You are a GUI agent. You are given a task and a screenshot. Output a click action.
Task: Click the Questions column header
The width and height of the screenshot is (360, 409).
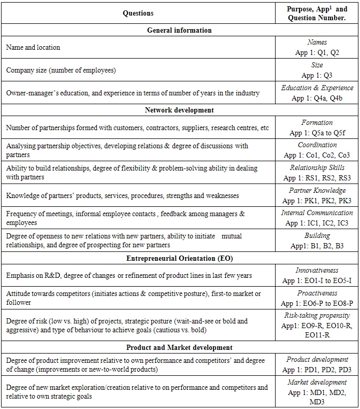[x=138, y=13]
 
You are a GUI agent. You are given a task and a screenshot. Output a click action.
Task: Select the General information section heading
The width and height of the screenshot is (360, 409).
[x=179, y=30]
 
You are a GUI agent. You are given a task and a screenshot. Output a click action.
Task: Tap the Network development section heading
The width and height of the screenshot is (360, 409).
[x=179, y=110]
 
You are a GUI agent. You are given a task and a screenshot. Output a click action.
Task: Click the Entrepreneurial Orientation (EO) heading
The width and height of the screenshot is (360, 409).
[x=179, y=258]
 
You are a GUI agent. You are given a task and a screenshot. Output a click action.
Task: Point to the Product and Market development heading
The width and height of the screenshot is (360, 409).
[x=179, y=347]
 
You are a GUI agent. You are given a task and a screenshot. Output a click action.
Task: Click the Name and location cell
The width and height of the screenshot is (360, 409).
[x=33, y=47]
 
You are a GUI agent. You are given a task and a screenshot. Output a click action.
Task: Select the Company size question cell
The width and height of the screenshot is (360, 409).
[x=61, y=70]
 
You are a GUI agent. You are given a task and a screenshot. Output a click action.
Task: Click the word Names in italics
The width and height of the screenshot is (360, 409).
[x=317, y=43]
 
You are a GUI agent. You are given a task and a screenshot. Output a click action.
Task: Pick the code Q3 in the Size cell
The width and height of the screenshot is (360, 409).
[x=328, y=75]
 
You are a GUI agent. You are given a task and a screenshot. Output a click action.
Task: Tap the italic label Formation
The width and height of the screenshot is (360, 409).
[x=317, y=123]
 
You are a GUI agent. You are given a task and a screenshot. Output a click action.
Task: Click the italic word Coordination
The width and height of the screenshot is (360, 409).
[x=317, y=145]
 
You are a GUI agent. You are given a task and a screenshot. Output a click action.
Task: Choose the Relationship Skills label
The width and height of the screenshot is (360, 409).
[x=317, y=168]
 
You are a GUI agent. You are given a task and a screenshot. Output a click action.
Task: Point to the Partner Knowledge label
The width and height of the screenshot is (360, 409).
[x=317, y=190]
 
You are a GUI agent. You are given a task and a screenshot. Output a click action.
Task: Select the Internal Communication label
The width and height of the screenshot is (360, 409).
[x=317, y=213]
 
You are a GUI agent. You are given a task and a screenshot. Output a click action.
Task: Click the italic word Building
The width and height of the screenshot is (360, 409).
[x=317, y=235]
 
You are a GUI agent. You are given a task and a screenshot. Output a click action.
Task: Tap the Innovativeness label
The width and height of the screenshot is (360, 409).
[x=317, y=271]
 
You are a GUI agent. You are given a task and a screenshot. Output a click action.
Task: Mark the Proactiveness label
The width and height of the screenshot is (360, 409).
[x=317, y=293]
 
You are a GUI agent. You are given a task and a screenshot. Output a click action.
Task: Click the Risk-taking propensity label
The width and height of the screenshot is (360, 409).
[x=317, y=315]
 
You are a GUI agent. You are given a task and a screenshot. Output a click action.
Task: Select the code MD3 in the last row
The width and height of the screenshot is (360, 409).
[x=317, y=402]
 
